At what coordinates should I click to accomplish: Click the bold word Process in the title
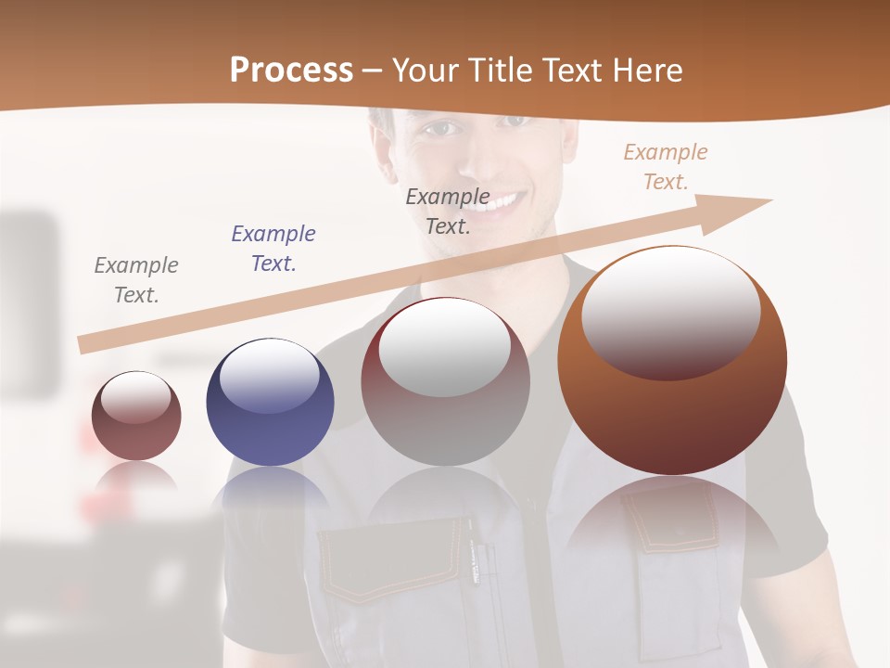tap(291, 71)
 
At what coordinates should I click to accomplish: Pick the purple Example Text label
tap(273, 249)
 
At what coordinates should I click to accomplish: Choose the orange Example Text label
tap(665, 167)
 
